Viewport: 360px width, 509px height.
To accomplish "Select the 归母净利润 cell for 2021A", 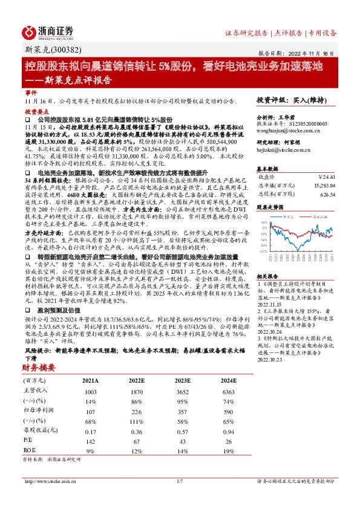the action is (x=91, y=410).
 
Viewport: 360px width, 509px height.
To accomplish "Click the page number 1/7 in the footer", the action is (x=180, y=481).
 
